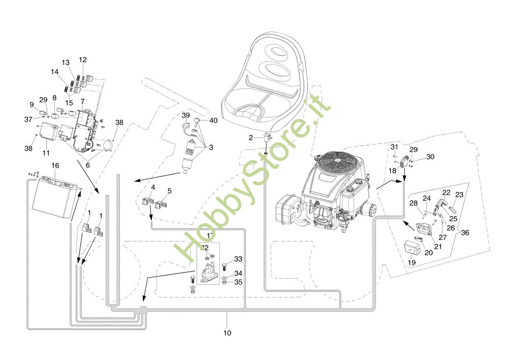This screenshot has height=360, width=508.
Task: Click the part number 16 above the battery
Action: point(55,166)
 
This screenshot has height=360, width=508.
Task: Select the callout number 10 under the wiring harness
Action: point(227,333)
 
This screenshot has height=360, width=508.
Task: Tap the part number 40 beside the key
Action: point(213,121)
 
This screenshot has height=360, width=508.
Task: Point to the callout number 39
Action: point(185,115)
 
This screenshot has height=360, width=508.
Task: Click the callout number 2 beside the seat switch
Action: point(250,138)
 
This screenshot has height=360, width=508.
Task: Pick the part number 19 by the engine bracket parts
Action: point(411,263)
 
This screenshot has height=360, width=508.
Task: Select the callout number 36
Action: point(465,233)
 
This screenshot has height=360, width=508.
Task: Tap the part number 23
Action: point(459,194)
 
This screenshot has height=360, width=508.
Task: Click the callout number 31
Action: point(394,147)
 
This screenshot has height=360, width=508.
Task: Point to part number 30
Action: point(430,157)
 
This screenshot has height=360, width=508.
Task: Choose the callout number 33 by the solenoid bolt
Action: point(238,259)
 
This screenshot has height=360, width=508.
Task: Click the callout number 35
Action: point(238,282)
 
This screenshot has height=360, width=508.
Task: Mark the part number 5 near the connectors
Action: point(169,191)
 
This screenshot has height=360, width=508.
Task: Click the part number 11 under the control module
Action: point(46,153)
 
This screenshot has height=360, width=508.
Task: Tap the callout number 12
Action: point(83,60)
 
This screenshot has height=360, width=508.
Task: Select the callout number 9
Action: point(31,105)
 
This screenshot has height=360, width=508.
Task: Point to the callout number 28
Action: point(414,203)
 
